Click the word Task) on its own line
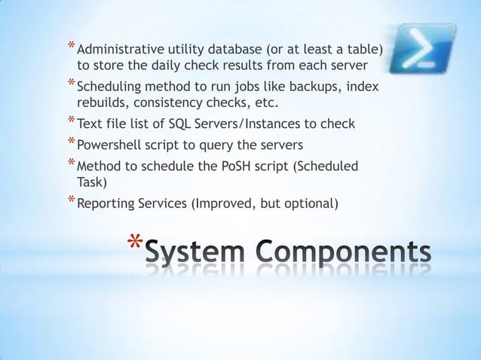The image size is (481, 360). point(93,182)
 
